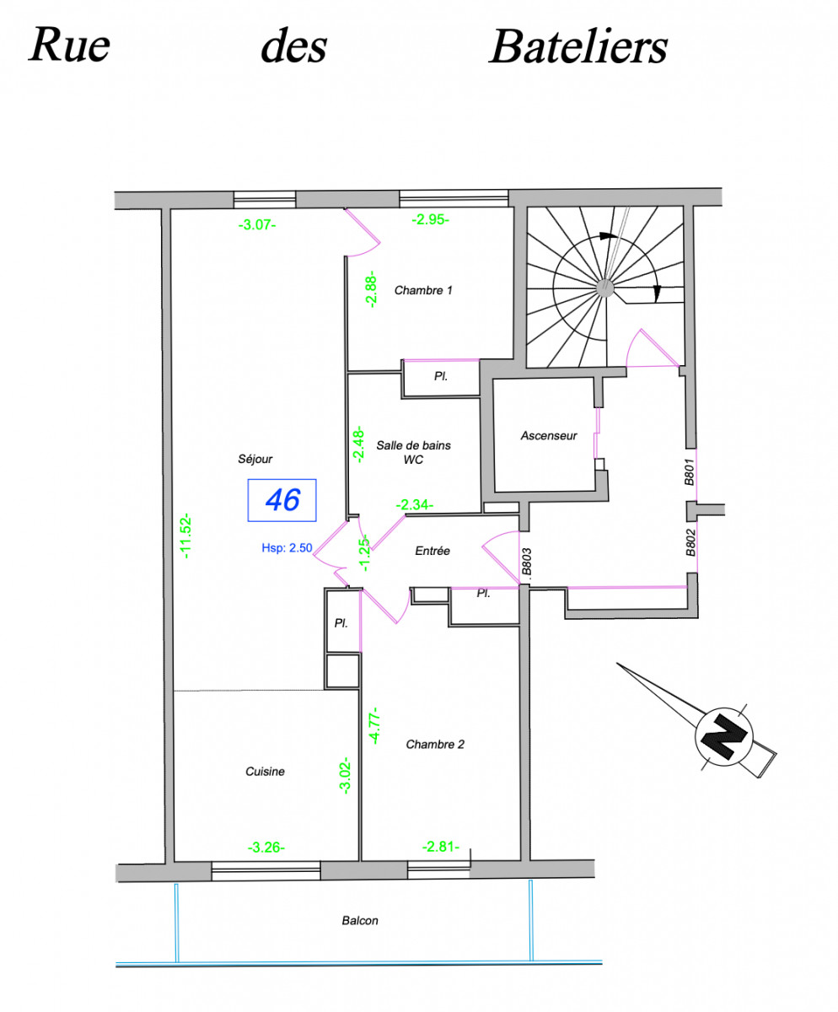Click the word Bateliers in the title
[x=577, y=47]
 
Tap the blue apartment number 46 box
[x=282, y=500]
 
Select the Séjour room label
[x=255, y=459]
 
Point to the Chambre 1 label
[x=423, y=291]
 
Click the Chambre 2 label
[x=435, y=744]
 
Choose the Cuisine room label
[x=265, y=771]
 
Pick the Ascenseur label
[x=549, y=436]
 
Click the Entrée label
[x=432, y=551]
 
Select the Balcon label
[x=360, y=921]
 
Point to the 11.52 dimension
[x=187, y=537]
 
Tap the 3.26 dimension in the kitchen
[x=266, y=848]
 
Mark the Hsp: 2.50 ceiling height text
[x=287, y=547]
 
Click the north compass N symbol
[x=723, y=736]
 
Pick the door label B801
[x=689, y=473]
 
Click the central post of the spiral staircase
[x=604, y=288]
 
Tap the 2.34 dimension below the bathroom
[x=415, y=504]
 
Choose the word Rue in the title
[x=69, y=46]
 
